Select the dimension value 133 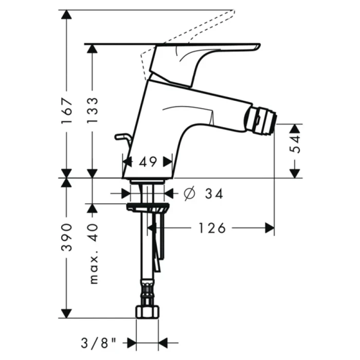[x=92, y=110]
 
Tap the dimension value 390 [x=66, y=238]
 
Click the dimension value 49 [x=148, y=162]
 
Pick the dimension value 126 [x=211, y=228]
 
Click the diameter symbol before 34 [x=188, y=194]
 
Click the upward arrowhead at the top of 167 [x=66, y=15]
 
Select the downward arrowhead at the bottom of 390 [x=66, y=313]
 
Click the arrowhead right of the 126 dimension [x=269, y=228]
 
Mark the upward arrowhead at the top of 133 [x=92, y=49]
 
